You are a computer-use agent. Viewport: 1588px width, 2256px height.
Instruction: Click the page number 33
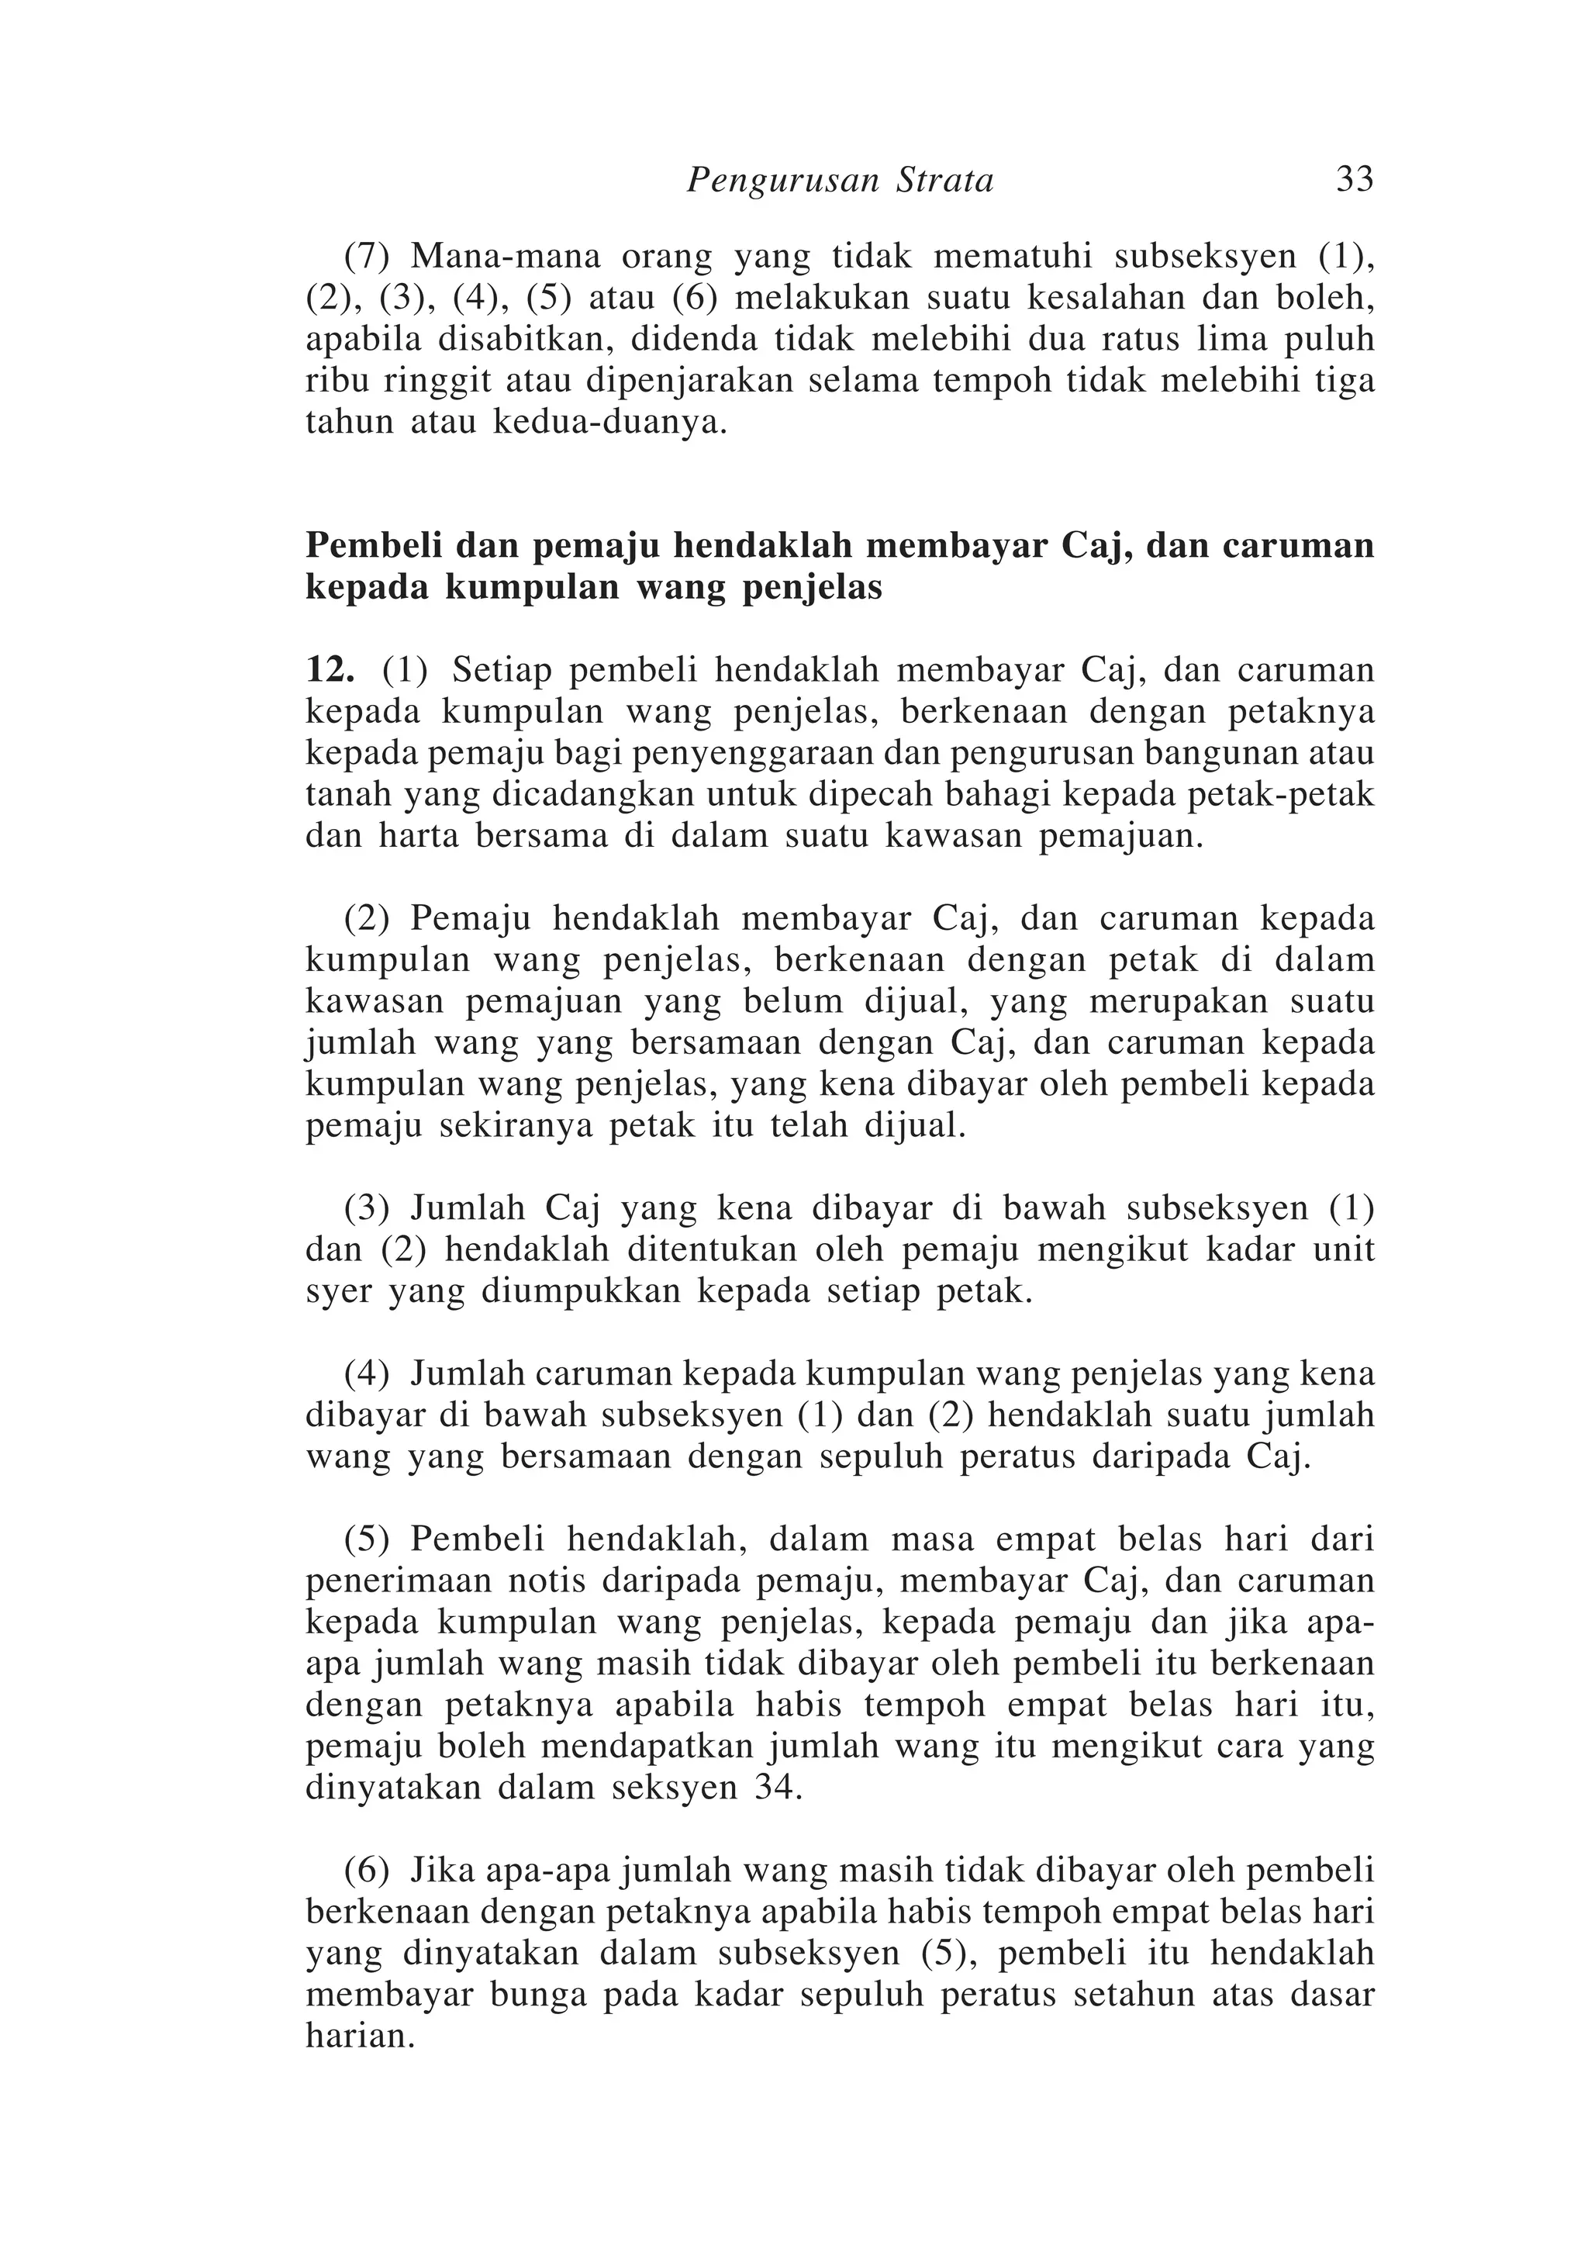point(1354,180)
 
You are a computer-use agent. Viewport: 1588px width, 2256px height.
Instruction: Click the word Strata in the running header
point(945,181)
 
